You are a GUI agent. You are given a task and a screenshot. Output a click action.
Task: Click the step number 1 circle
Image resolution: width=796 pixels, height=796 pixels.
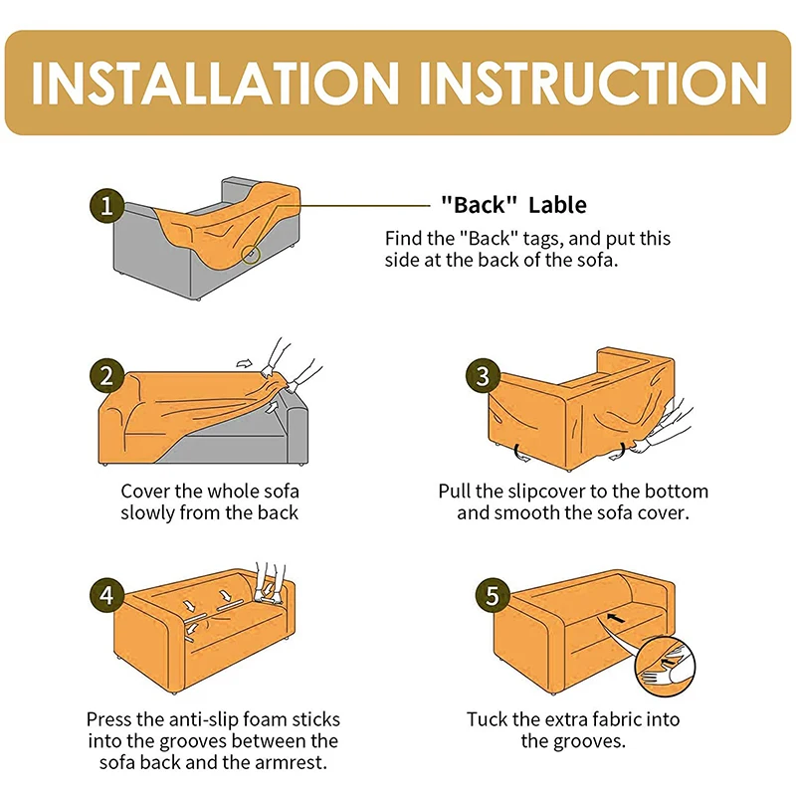pyautogui.click(x=106, y=206)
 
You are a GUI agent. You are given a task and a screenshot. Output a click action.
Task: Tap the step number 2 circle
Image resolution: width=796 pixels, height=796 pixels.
pyautogui.click(x=106, y=376)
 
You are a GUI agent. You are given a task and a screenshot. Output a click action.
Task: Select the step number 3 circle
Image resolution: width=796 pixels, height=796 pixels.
pyautogui.click(x=483, y=376)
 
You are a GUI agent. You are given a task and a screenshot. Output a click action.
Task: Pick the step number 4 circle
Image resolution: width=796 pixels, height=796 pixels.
pyautogui.click(x=106, y=595)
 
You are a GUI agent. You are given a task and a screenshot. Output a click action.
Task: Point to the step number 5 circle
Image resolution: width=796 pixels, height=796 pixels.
pyautogui.click(x=493, y=595)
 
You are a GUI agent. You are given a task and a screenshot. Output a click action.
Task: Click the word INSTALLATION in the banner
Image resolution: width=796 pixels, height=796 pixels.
pyautogui.click(x=215, y=84)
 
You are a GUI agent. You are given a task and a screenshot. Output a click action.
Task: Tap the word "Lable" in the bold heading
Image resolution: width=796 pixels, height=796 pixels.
pyautogui.click(x=557, y=205)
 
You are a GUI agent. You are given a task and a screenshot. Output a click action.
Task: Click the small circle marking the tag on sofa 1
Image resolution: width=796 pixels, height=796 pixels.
pyautogui.click(x=251, y=255)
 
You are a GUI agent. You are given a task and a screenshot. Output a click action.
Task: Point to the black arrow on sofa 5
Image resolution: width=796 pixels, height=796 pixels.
pyautogui.click(x=616, y=619)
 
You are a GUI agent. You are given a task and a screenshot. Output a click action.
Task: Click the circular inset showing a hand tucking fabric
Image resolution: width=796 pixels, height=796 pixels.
pyautogui.click(x=665, y=666)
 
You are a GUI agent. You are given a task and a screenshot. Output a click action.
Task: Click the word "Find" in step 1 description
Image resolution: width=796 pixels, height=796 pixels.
pyautogui.click(x=404, y=239)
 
